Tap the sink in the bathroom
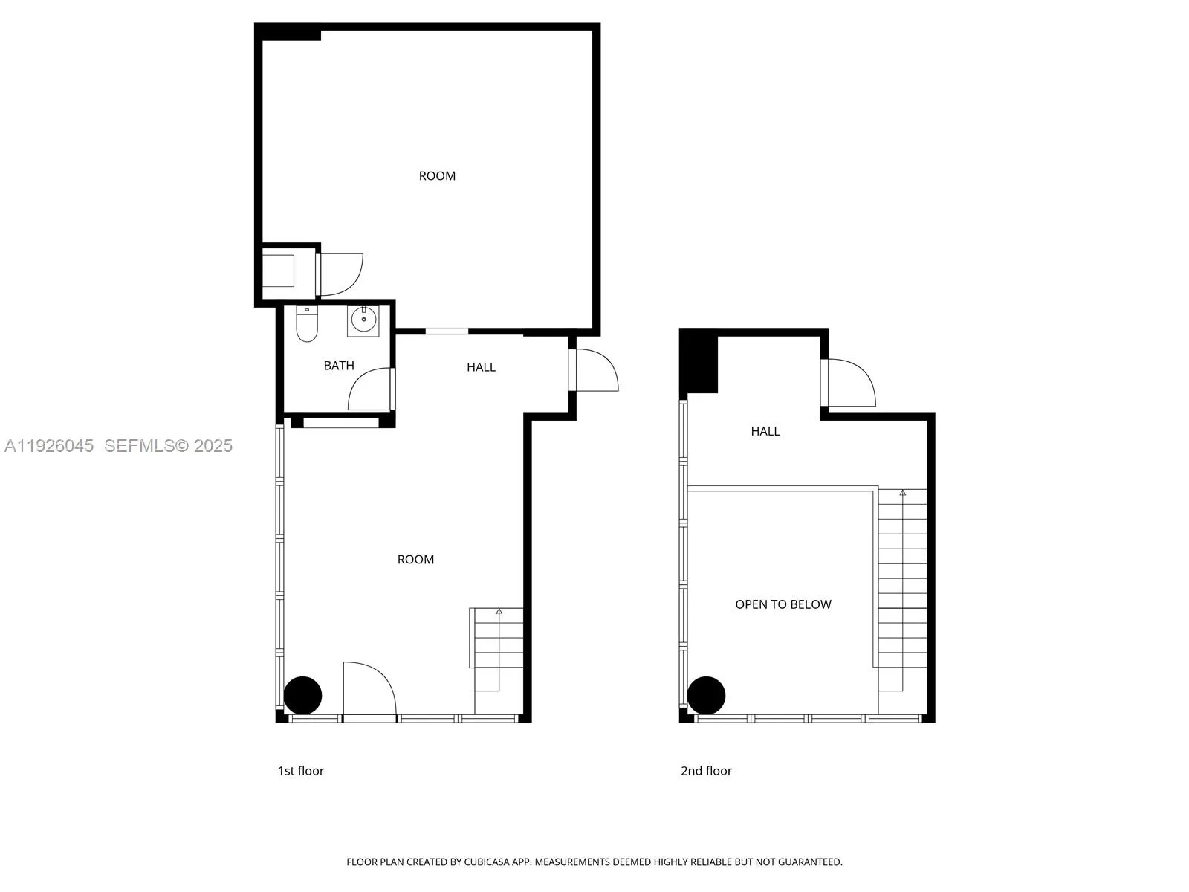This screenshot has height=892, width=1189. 363,320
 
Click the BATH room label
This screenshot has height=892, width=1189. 339,366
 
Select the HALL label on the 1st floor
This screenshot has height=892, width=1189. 481,367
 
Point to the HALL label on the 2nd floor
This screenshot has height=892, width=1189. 765,431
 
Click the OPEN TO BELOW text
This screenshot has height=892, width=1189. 783,604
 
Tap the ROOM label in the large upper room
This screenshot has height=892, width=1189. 437,176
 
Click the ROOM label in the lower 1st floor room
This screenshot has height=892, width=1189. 415,560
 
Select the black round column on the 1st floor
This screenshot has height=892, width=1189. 303,696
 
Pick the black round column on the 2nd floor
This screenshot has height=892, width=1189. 706,695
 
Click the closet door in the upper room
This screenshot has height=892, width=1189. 340,274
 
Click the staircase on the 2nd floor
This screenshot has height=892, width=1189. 902,587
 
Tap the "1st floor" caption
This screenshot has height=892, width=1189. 301,771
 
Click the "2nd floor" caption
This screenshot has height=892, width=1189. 706,771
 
